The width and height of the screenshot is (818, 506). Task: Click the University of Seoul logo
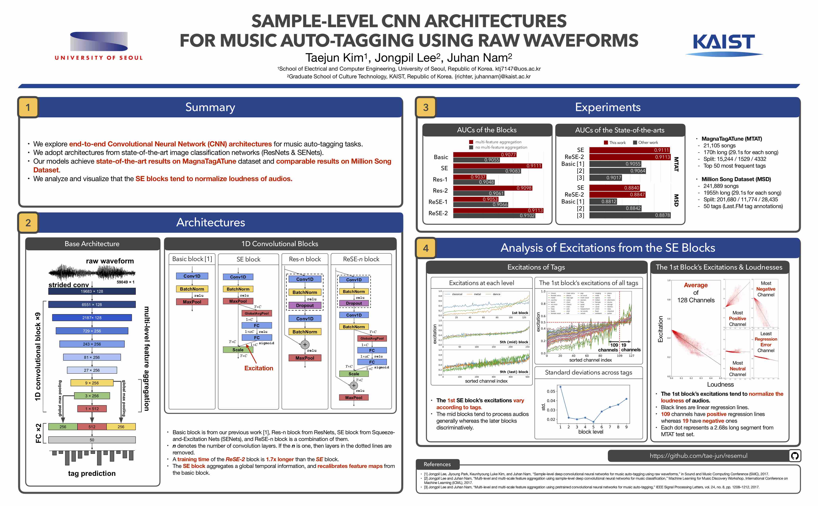99,45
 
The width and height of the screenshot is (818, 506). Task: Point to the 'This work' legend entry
615,143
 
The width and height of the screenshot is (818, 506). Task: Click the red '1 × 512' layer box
92,409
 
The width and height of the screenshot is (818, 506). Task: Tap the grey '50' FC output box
92,440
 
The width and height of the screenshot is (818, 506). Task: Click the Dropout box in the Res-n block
305,305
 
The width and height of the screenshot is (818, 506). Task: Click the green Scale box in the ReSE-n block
354,374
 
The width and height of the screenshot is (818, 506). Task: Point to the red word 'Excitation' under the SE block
258,368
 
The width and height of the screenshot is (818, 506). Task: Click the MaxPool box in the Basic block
192,302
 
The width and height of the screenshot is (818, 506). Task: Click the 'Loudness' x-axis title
720,385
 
